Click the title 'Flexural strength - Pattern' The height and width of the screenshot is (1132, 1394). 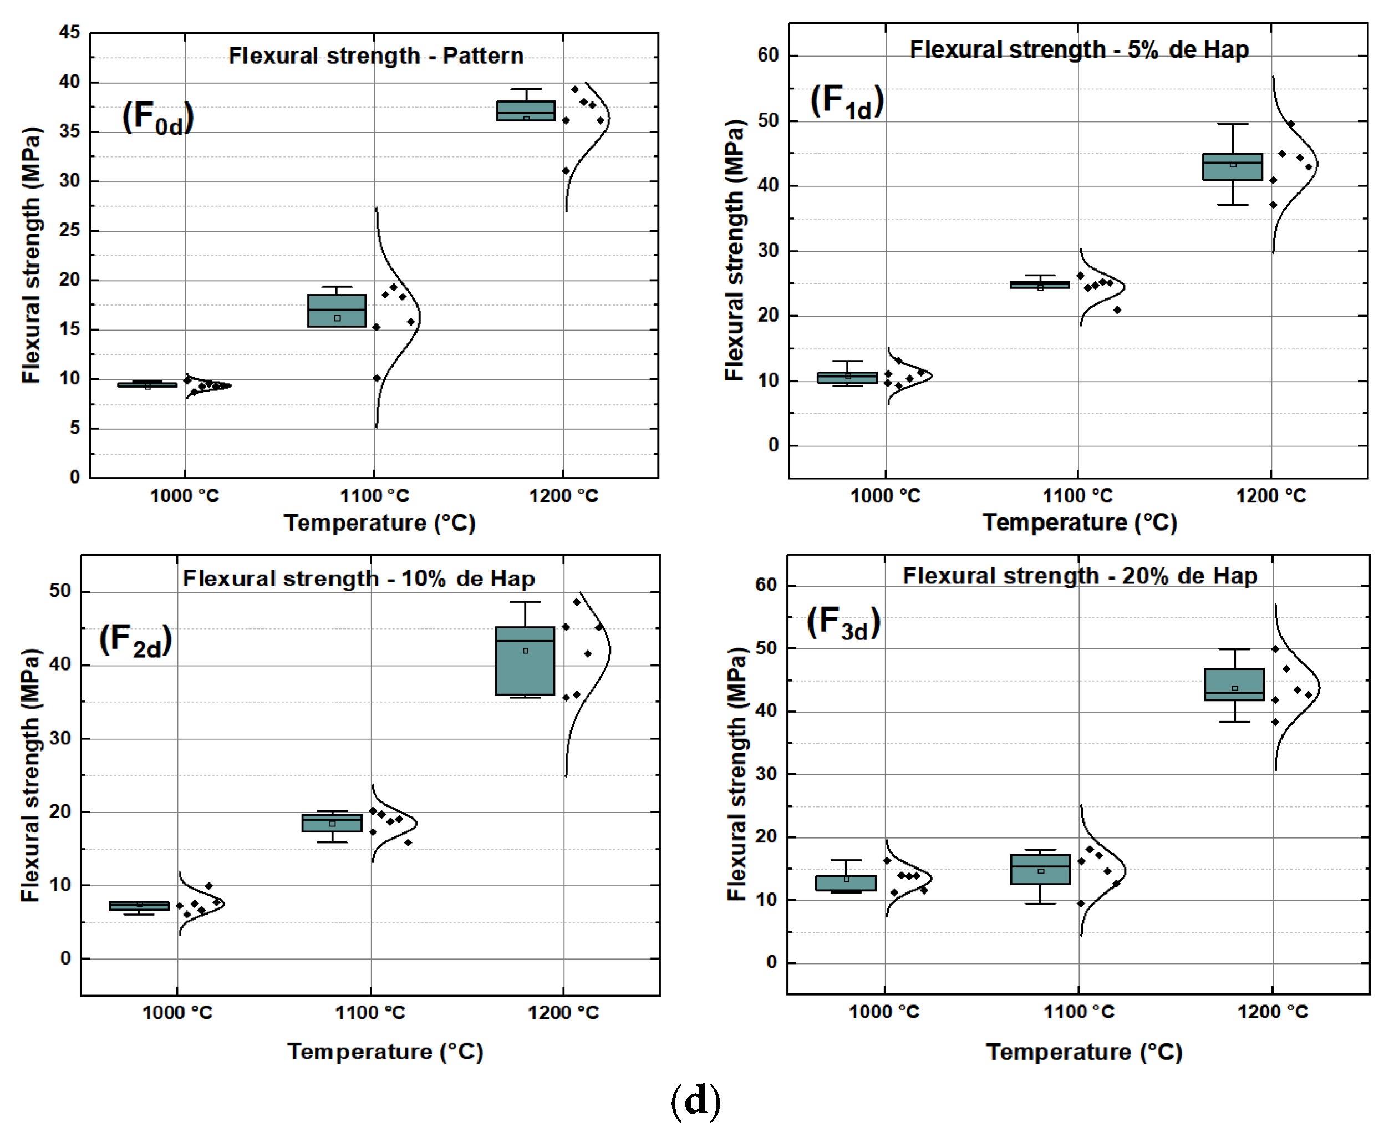[x=375, y=56]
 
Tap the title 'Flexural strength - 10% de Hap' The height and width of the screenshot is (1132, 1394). [x=359, y=578]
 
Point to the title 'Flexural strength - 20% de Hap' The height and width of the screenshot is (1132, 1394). [x=1080, y=576]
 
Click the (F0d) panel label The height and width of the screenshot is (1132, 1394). [x=158, y=118]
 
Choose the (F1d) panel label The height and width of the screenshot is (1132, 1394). [x=846, y=103]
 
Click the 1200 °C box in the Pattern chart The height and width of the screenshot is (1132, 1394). [x=526, y=111]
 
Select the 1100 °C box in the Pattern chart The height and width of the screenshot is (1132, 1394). [x=337, y=311]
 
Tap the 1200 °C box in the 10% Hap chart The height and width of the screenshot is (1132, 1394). [x=525, y=661]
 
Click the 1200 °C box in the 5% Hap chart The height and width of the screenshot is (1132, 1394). [x=1232, y=167]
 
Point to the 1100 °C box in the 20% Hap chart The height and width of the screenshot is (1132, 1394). [x=1040, y=869]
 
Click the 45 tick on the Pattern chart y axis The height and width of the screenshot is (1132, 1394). [x=69, y=32]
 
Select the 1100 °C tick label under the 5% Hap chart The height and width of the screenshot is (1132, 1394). [x=1077, y=496]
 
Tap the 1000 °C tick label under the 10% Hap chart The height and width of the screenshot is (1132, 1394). [x=177, y=1013]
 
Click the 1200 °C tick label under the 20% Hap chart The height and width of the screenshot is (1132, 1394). [x=1273, y=1012]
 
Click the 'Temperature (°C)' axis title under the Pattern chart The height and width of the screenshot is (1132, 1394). [x=379, y=523]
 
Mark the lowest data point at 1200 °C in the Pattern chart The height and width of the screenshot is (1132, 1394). [x=566, y=171]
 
